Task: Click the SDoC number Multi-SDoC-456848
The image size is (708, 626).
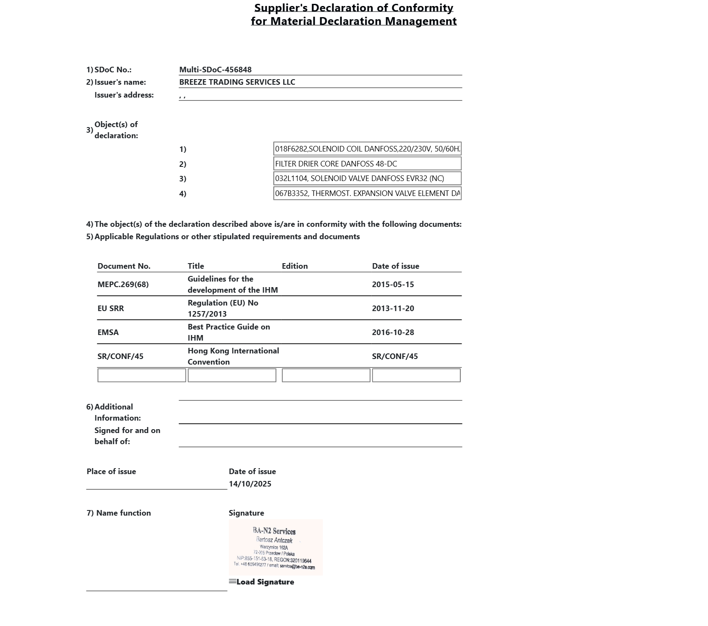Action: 215,70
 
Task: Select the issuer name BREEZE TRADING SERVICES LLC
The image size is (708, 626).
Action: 237,82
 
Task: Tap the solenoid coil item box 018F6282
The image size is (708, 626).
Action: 367,149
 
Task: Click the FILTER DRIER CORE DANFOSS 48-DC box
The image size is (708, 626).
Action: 367,164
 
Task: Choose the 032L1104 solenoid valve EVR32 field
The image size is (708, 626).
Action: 367,178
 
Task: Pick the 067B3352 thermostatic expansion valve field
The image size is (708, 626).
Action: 367,193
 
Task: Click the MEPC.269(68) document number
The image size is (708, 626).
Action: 123,285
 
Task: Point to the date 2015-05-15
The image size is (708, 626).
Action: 393,285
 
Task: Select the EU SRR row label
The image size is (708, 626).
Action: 110,309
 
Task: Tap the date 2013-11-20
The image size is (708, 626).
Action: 393,309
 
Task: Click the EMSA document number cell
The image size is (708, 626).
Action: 108,332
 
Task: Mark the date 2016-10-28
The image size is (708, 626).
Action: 393,332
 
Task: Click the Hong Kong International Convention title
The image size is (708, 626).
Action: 233,356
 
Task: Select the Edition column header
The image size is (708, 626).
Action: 295,266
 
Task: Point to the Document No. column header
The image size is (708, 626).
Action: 124,266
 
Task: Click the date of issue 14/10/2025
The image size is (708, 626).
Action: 250,484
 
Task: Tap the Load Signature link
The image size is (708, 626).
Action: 265,582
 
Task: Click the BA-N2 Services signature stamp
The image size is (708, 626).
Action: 275,547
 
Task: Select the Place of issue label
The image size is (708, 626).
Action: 111,472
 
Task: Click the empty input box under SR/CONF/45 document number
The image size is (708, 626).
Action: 142,375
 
